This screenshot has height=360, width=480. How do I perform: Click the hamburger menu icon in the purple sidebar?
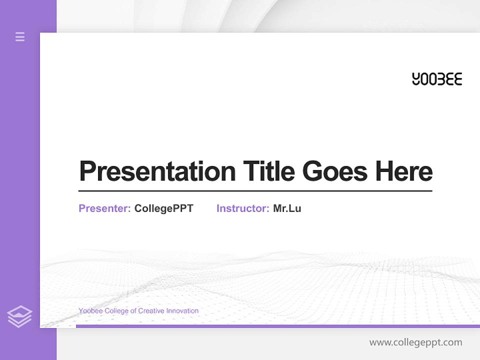(x=20, y=36)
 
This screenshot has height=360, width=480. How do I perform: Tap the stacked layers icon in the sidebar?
(x=19, y=316)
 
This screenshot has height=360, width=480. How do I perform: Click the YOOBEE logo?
(x=437, y=79)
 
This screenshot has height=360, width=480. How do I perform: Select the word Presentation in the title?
(x=157, y=171)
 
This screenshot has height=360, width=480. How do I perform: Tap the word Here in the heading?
(x=404, y=171)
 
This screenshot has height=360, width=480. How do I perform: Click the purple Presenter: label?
(x=104, y=208)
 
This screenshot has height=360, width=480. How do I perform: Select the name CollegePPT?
(x=163, y=208)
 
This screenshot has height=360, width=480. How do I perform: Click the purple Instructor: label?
(x=242, y=208)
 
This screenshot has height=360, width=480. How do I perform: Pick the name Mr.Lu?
(x=287, y=208)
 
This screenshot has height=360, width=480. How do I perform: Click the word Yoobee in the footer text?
(x=89, y=311)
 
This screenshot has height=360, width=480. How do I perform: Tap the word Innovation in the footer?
(x=182, y=311)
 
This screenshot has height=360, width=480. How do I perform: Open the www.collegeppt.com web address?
(x=415, y=342)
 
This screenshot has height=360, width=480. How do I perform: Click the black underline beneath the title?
(x=255, y=190)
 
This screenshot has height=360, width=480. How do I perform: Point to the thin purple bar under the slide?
(x=277, y=326)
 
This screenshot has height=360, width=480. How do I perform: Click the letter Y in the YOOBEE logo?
(x=416, y=79)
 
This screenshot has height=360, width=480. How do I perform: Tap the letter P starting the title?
(x=87, y=171)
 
